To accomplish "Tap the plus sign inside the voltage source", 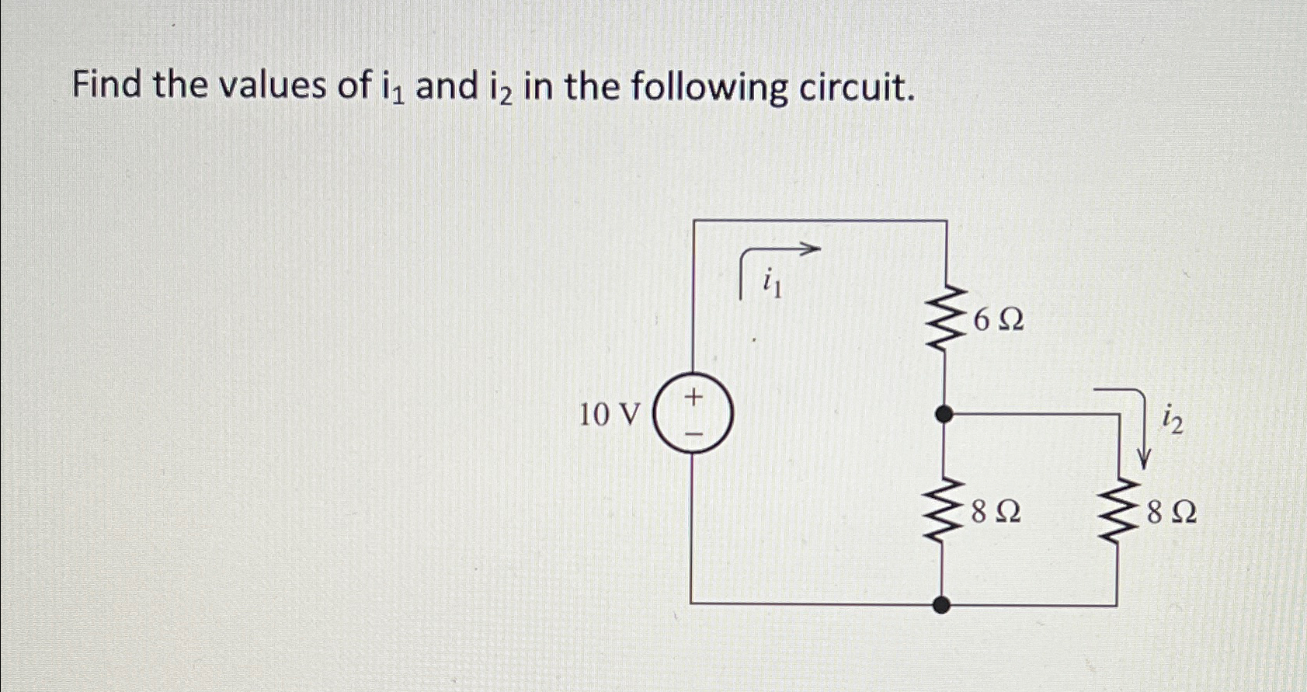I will click(693, 398).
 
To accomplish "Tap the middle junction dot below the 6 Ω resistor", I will click(944, 415).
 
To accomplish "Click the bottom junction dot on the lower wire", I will click(942, 604).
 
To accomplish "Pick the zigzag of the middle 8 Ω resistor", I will click(942, 512).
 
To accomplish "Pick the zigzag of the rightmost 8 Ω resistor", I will click(1117, 512).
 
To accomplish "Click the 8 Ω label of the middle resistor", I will click(996, 512).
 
